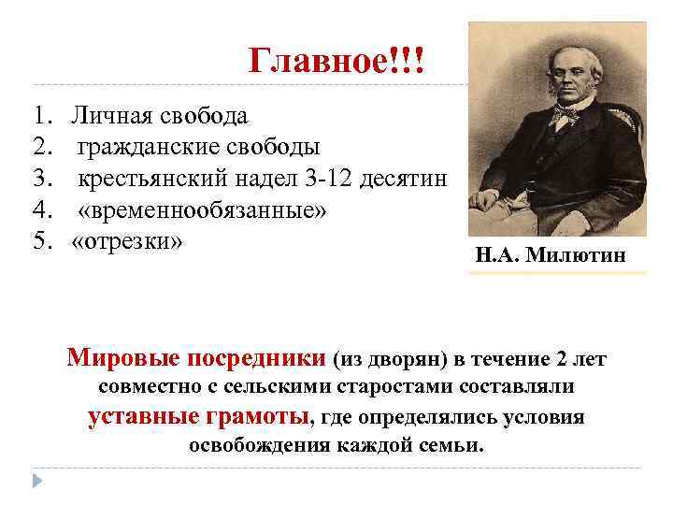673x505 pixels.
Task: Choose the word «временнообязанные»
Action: [203, 210]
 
